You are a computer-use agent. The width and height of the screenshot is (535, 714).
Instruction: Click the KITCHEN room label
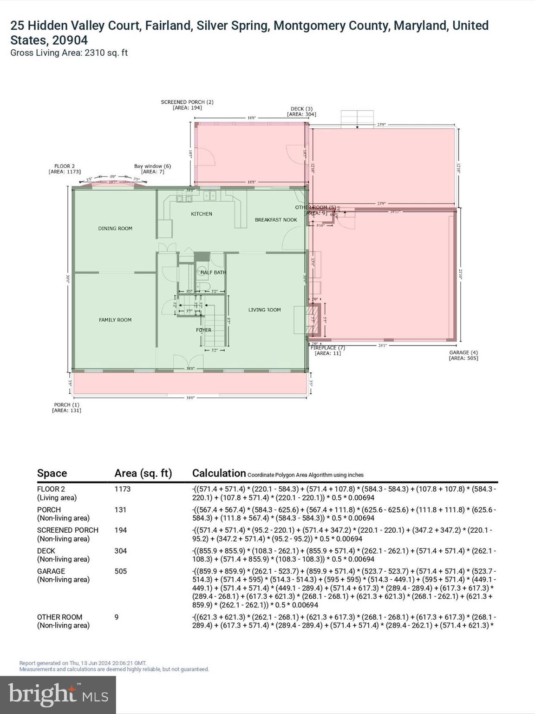coord(202,214)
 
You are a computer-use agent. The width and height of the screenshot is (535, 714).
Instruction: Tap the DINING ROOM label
coord(115,228)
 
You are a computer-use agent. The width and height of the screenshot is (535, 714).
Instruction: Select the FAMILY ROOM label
coord(115,320)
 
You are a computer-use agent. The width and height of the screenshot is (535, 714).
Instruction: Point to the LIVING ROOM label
coord(264,310)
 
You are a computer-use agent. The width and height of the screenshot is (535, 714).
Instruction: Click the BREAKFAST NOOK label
coord(276,219)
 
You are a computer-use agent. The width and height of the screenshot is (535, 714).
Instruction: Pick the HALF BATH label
coord(213,272)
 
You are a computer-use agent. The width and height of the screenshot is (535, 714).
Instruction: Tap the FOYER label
coord(203,330)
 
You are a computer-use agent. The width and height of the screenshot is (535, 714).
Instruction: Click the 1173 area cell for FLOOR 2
coord(123,489)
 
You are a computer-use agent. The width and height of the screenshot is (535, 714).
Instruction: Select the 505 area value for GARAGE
coord(121,571)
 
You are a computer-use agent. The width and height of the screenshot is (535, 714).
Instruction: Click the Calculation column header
coord(219,473)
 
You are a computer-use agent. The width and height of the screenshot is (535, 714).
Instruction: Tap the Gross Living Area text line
coord(69,53)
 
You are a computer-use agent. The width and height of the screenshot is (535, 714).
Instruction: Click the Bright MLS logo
coord(58,694)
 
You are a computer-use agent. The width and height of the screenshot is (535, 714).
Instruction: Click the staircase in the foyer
coord(215,325)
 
